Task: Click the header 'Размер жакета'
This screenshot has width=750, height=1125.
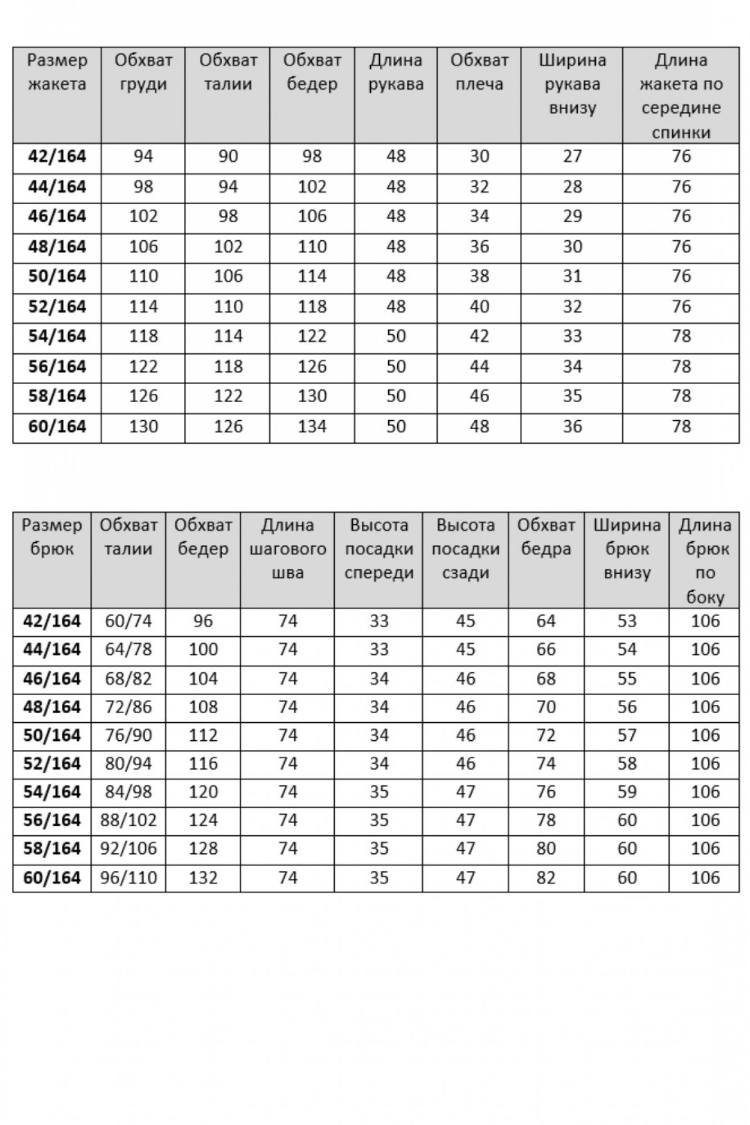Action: (x=57, y=72)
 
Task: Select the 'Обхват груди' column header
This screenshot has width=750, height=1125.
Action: (x=143, y=72)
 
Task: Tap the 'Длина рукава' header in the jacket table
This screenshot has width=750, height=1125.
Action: (x=396, y=72)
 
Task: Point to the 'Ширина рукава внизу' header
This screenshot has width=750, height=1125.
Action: (x=572, y=84)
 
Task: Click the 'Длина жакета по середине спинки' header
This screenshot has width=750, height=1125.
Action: (x=681, y=96)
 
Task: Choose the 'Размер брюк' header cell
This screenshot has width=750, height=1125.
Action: (x=52, y=537)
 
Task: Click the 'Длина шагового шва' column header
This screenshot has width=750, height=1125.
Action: (x=288, y=548)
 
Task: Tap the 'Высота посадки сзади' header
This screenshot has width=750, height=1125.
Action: (x=465, y=548)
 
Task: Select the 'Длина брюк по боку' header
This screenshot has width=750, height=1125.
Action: (x=704, y=560)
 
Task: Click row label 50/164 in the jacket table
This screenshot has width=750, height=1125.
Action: (x=57, y=276)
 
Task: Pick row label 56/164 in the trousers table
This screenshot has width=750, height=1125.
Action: (x=52, y=820)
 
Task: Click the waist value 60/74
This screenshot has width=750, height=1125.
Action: (x=128, y=621)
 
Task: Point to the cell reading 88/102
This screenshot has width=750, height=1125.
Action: (x=128, y=820)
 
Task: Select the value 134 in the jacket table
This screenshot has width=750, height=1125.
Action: (x=312, y=426)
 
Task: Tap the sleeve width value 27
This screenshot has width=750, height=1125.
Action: (x=572, y=156)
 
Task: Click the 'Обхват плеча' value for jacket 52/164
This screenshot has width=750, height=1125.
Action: (x=479, y=307)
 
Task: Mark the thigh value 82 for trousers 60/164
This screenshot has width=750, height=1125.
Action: (x=546, y=877)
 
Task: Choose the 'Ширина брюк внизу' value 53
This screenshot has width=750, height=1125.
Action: (x=627, y=621)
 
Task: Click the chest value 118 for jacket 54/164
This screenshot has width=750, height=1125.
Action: (x=143, y=336)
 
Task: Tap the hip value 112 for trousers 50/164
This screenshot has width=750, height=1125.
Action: (x=203, y=735)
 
